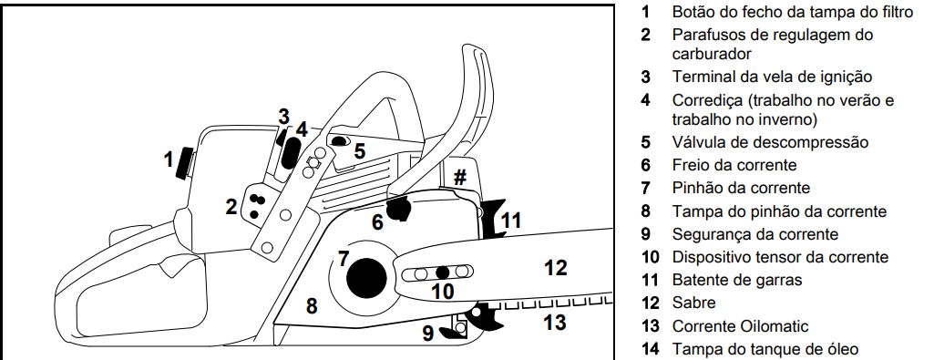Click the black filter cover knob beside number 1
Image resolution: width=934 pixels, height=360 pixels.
(x=186, y=163)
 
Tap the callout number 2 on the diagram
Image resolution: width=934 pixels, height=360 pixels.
(x=231, y=207)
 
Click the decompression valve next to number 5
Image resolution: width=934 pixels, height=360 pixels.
(x=339, y=140)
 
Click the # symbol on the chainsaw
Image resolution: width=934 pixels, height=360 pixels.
(x=460, y=177)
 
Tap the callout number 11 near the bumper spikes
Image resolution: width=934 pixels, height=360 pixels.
(x=511, y=221)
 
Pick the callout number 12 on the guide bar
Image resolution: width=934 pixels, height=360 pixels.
(x=555, y=268)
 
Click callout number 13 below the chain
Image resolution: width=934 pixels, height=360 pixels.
(x=555, y=323)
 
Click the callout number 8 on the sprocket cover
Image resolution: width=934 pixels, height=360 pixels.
(x=312, y=305)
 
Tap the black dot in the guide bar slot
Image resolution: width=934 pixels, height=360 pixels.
(x=441, y=273)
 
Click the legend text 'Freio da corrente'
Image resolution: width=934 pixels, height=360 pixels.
(x=734, y=164)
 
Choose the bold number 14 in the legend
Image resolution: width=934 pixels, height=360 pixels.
(x=650, y=349)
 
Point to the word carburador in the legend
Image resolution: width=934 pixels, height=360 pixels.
(x=712, y=54)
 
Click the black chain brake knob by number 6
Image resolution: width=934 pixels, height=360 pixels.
(x=398, y=210)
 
